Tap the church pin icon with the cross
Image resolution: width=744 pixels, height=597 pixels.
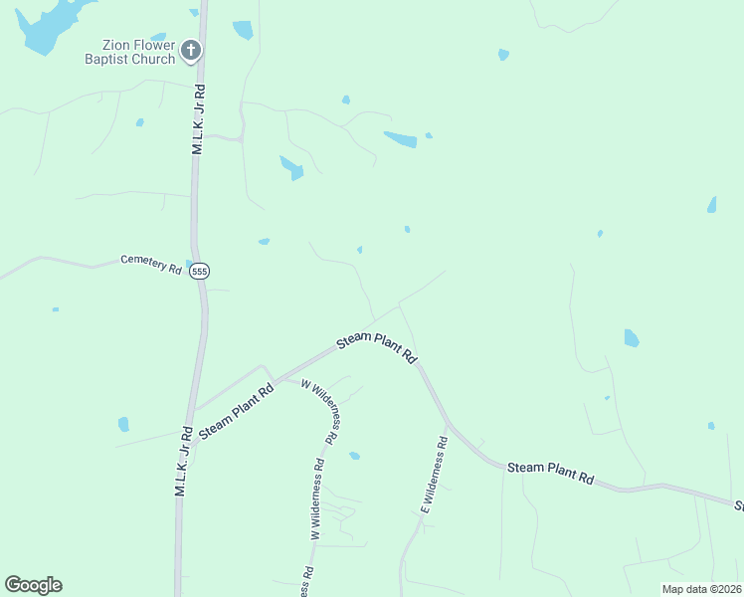pos(191,50)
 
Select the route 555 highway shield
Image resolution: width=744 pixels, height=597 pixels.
pos(200,271)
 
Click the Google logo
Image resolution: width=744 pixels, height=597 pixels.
pos(33,585)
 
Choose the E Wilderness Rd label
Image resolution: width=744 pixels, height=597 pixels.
pos(435,476)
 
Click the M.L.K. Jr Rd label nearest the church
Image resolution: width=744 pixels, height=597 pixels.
pos(197,119)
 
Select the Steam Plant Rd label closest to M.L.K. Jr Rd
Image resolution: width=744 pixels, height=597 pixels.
pos(236,412)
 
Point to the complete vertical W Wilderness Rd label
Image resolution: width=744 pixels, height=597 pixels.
pos(317,497)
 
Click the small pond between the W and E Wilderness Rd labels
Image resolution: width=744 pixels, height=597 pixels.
pos(354,456)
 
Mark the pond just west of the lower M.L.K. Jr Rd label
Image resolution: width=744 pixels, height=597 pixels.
pos(123,425)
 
